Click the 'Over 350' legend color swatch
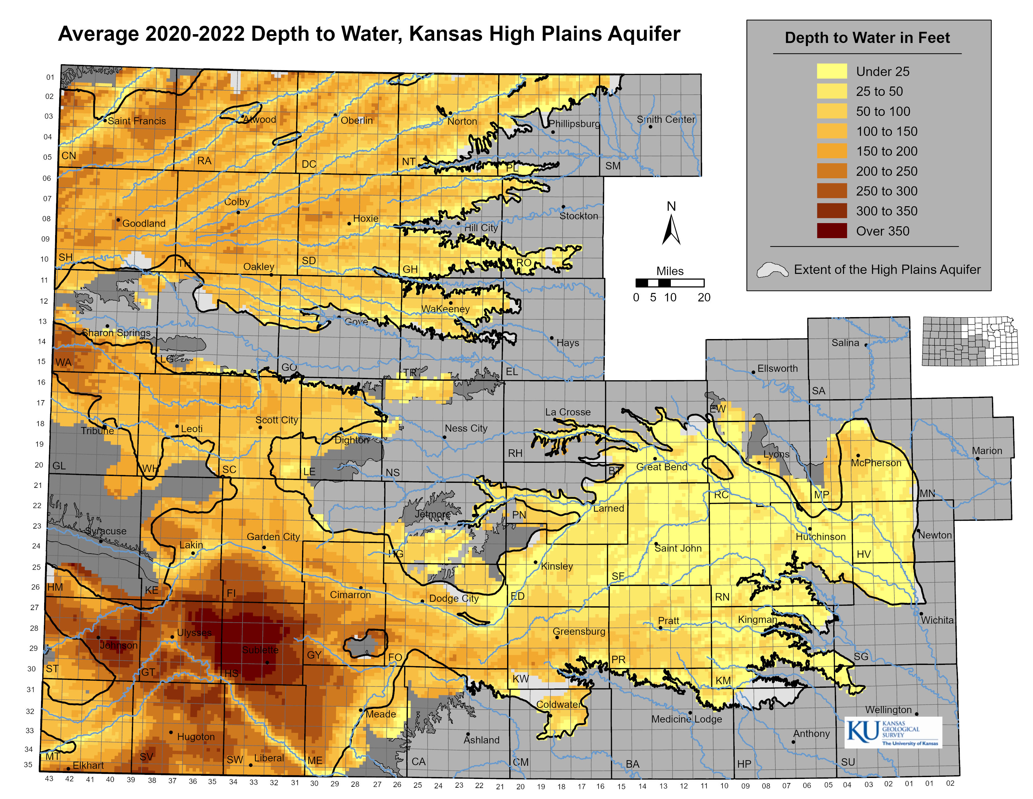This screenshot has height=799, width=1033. click(x=831, y=231)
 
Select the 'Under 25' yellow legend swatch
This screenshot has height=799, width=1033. click(x=831, y=71)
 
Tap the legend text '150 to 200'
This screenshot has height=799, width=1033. click(x=887, y=151)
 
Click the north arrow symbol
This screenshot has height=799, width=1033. click(x=671, y=230)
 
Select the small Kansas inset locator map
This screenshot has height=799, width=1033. click(x=970, y=341)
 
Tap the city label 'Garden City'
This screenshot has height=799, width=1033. click(x=273, y=537)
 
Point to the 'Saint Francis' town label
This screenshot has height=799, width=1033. click(x=137, y=121)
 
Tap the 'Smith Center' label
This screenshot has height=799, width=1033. click(x=666, y=120)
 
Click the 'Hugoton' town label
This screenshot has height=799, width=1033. click(x=196, y=737)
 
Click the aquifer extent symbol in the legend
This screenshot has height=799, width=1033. click(x=772, y=270)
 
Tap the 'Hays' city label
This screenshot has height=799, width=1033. click(x=568, y=343)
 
